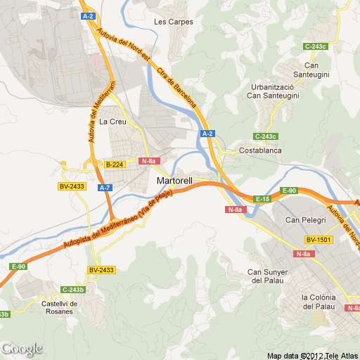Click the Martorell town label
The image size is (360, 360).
[174, 181]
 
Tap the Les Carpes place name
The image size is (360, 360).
[173, 21]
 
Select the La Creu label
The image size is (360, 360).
[112, 122]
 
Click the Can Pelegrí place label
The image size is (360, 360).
[302, 221]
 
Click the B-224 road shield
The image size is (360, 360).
[114, 165]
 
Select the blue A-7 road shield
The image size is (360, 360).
[105, 188]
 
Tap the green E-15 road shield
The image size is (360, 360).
[262, 200]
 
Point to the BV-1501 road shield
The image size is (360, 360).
[318, 240]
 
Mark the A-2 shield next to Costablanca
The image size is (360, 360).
[207, 133]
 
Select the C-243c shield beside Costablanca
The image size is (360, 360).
[266, 136]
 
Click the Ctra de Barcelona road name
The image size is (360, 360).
[176, 86]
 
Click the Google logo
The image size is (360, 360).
[21, 349]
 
